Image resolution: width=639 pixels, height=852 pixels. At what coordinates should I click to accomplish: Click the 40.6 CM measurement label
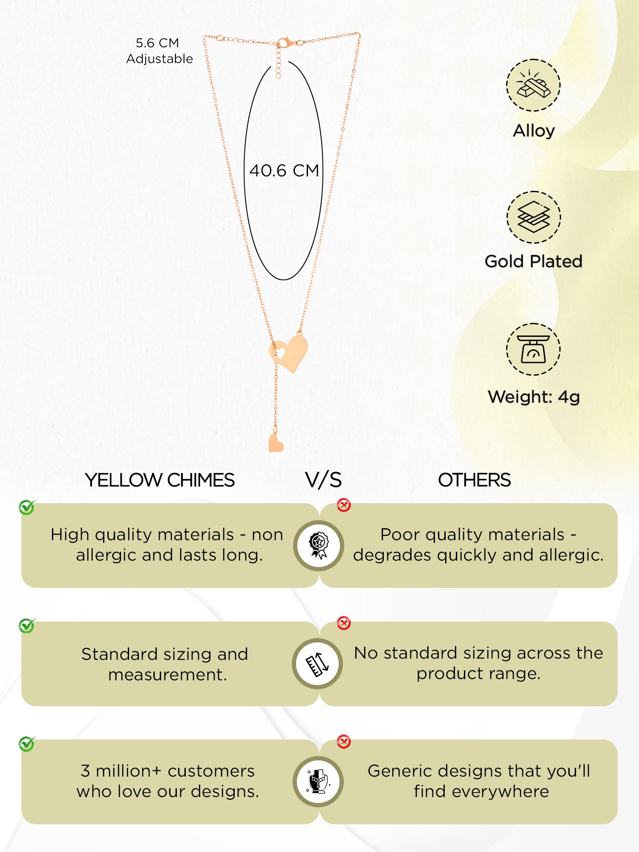click(284, 171)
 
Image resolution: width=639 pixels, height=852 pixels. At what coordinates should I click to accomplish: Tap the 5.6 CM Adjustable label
click(159, 51)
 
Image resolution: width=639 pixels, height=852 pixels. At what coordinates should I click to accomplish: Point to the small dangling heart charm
click(276, 443)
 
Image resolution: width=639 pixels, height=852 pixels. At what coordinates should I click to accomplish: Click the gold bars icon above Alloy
click(533, 85)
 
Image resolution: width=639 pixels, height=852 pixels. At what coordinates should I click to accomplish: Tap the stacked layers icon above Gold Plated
click(533, 217)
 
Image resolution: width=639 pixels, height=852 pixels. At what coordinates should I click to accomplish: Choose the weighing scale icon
click(533, 349)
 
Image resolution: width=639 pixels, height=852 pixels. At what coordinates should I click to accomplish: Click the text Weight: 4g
click(534, 397)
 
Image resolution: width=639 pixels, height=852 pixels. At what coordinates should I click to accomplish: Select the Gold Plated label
click(533, 261)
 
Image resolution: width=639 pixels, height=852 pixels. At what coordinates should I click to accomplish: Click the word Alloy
click(534, 131)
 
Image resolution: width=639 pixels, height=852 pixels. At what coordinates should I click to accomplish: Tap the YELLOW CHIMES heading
click(160, 480)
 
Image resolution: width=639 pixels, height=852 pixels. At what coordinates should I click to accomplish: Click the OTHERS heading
click(474, 480)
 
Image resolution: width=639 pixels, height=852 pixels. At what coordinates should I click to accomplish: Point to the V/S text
click(323, 480)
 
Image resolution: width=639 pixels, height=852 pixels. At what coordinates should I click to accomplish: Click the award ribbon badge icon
click(318, 545)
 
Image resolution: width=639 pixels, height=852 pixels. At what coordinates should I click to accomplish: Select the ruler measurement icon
click(318, 664)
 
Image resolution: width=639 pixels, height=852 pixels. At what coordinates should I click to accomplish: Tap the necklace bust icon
click(318, 782)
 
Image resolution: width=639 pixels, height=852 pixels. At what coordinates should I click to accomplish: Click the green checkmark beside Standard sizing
click(27, 626)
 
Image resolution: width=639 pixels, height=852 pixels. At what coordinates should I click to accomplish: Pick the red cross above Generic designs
click(344, 742)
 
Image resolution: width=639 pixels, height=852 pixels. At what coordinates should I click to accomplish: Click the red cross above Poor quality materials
click(344, 505)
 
